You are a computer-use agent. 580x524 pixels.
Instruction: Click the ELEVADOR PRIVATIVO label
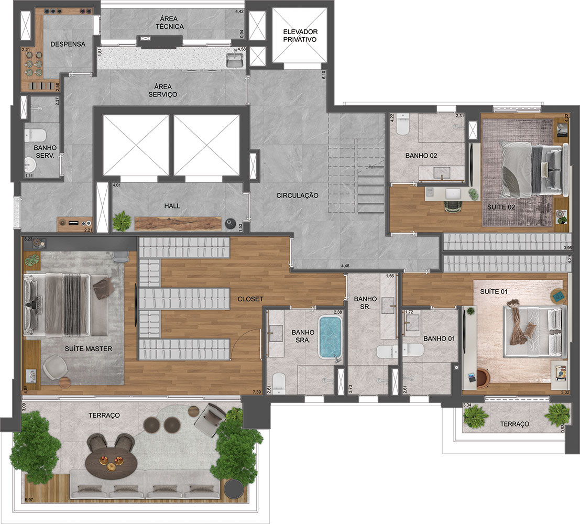(x=300, y=35)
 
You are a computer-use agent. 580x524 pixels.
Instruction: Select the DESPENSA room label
(x=68, y=45)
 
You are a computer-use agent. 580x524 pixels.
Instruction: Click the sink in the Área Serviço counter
(x=234, y=61)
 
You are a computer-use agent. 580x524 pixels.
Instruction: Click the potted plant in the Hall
(x=122, y=221)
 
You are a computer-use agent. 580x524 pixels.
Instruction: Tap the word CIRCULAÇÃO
(x=298, y=195)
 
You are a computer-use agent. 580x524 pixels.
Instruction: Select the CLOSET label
(x=250, y=299)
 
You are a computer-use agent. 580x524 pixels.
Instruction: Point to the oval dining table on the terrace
(x=111, y=463)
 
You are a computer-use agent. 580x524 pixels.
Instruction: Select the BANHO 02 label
(x=421, y=156)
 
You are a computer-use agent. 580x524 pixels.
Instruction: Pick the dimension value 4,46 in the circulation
(x=345, y=267)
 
